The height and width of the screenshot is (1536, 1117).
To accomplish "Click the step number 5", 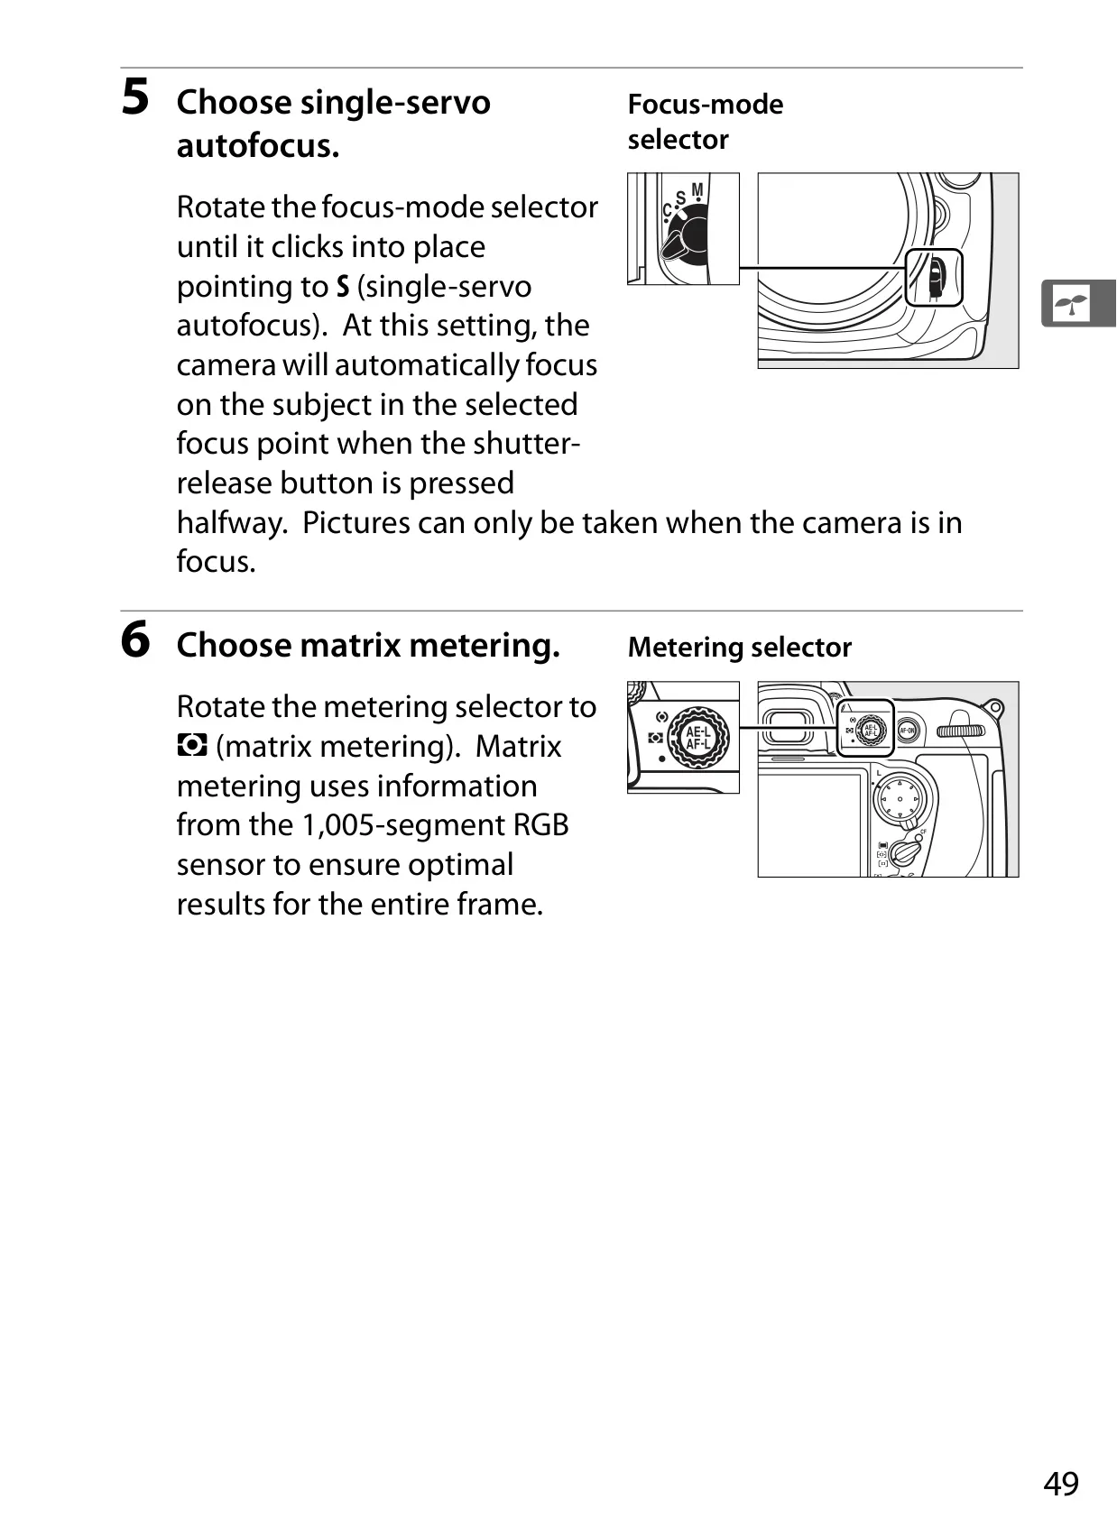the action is (135, 97).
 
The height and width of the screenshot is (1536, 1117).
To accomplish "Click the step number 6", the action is (135, 639).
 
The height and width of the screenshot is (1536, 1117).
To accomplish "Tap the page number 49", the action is (1061, 1484).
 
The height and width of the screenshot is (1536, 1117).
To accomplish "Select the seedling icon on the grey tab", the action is (1070, 303).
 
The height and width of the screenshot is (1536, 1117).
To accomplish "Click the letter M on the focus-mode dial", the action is (697, 190).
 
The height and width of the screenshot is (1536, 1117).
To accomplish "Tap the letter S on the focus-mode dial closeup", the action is (680, 198).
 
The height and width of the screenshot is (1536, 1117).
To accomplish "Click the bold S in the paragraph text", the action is (342, 287).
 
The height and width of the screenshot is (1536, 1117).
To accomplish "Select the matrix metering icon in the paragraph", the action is (191, 745).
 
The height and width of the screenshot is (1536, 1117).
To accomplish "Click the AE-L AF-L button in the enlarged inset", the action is (697, 738).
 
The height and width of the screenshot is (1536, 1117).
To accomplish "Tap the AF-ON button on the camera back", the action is (907, 731).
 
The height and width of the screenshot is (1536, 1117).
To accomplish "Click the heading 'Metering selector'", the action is (739, 648).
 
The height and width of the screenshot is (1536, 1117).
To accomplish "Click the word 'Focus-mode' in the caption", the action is (706, 105).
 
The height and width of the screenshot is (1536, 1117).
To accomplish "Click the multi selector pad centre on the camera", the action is (900, 799).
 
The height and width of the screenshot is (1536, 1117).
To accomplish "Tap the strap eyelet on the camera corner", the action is (993, 709).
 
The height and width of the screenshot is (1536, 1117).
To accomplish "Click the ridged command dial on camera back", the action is (960, 731).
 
